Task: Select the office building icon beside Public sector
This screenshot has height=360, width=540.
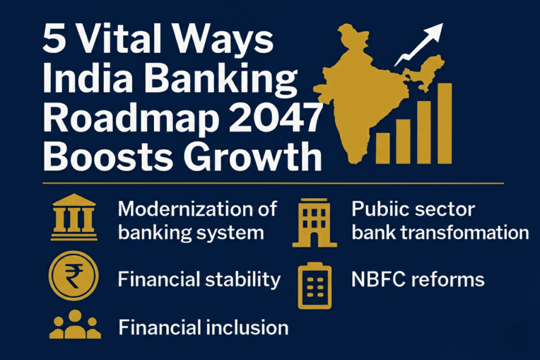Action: (314, 223)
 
